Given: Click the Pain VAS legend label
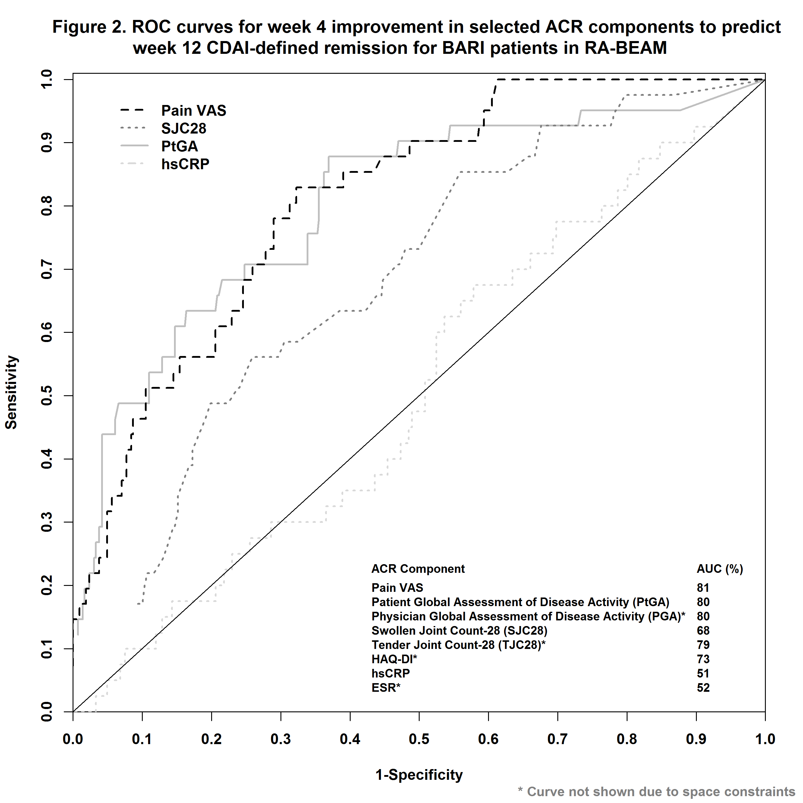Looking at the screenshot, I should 193,111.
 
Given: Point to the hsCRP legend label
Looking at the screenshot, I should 185,164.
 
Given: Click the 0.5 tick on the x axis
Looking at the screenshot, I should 419,739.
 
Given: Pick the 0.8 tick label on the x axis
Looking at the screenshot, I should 627,739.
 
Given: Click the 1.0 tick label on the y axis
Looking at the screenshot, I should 47,79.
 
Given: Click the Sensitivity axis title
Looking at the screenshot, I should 11,392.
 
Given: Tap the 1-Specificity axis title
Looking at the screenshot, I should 419,775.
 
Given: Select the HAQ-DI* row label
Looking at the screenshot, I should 394,659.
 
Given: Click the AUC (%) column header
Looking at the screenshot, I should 720,569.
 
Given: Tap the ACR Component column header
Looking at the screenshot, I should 418,569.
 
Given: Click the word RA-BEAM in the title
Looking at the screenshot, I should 625,48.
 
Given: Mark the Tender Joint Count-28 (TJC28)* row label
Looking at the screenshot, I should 458,645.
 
